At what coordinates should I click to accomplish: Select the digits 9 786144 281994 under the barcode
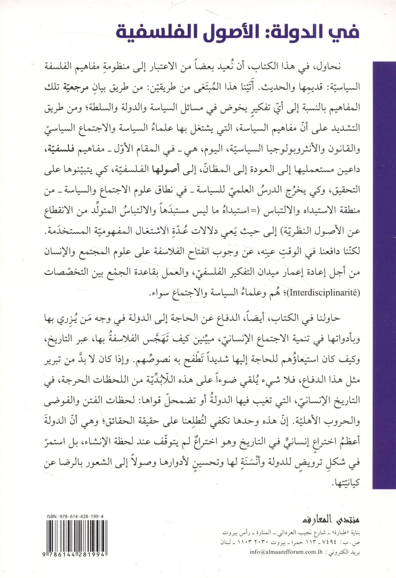[x=76, y=555]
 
